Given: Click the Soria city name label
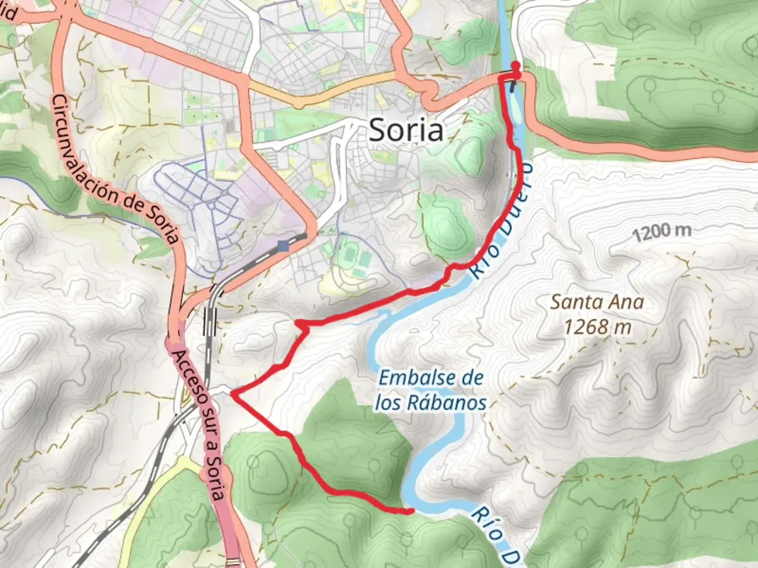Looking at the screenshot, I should tap(406, 130).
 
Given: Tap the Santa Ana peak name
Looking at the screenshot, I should tap(597, 302).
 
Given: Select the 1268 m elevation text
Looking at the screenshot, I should tap(597, 327).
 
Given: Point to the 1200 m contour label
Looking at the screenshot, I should tap(662, 231).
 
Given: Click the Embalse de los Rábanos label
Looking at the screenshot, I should tap(431, 390).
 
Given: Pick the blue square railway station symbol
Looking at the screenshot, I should tap(284, 246).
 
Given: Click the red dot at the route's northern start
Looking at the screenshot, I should tap(516, 66).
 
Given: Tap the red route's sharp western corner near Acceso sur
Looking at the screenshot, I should tap(233, 392).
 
